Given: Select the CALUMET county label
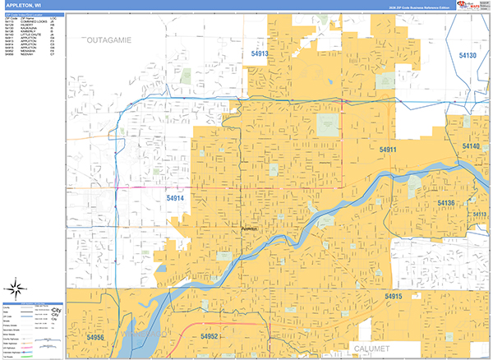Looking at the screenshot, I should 374,348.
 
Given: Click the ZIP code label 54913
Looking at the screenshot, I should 260,54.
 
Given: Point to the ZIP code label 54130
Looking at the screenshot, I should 468,55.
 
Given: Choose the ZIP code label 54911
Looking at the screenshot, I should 388,150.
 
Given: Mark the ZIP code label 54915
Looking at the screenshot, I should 393,296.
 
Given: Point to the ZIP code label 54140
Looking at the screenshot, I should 471,146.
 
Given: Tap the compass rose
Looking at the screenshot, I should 14,288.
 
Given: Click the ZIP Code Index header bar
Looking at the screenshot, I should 31,14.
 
